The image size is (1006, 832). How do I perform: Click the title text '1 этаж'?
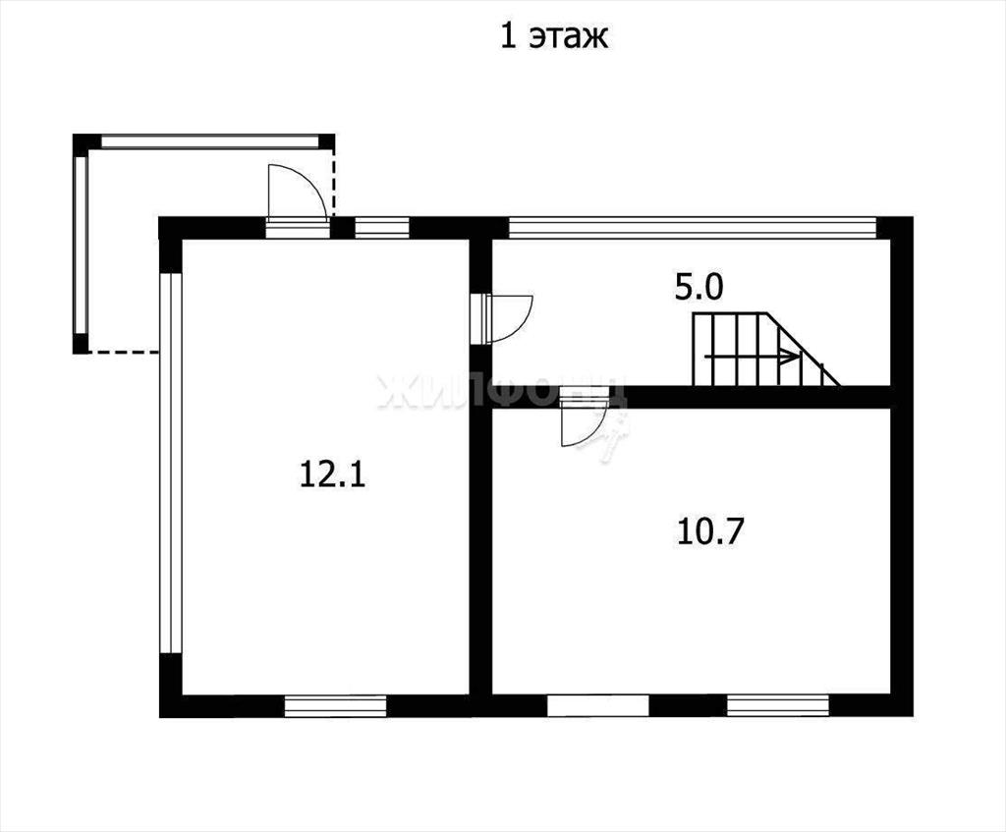pos(554,36)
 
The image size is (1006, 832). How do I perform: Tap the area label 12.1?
pos(332,475)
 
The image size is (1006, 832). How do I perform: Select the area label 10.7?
pos(709,531)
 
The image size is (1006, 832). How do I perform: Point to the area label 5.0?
pos(699,288)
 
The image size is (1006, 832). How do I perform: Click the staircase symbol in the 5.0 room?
pos(765,350)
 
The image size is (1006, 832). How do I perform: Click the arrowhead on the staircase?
pos(789,356)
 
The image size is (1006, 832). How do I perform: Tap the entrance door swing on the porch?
pos(297,192)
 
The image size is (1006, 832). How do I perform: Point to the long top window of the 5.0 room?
pos(693,228)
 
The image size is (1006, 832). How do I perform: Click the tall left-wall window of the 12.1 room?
pos(171,463)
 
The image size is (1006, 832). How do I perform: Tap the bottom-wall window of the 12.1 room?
pos(336,706)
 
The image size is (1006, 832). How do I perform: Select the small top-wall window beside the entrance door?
pos(382,228)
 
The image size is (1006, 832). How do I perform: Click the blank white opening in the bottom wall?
pos(598,705)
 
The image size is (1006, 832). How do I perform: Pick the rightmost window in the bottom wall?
pos(778,705)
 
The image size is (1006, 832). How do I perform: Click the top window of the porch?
pos(210,141)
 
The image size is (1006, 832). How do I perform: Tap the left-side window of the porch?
pos(81,245)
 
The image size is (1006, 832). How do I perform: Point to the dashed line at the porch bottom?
pos(123,353)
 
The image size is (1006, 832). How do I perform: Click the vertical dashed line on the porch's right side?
pos(332,184)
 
